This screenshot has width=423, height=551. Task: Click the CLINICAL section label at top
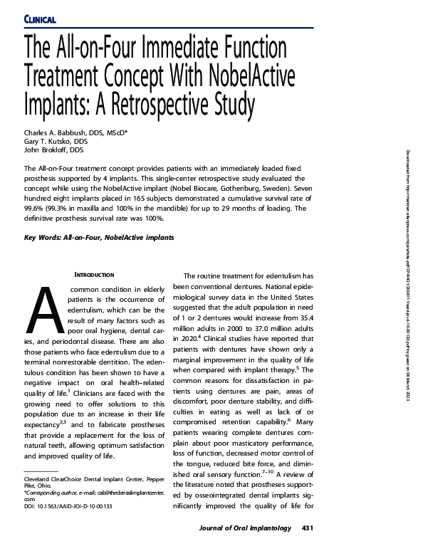(x=40, y=17)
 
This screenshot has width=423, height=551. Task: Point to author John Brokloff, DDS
(x=54, y=151)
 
